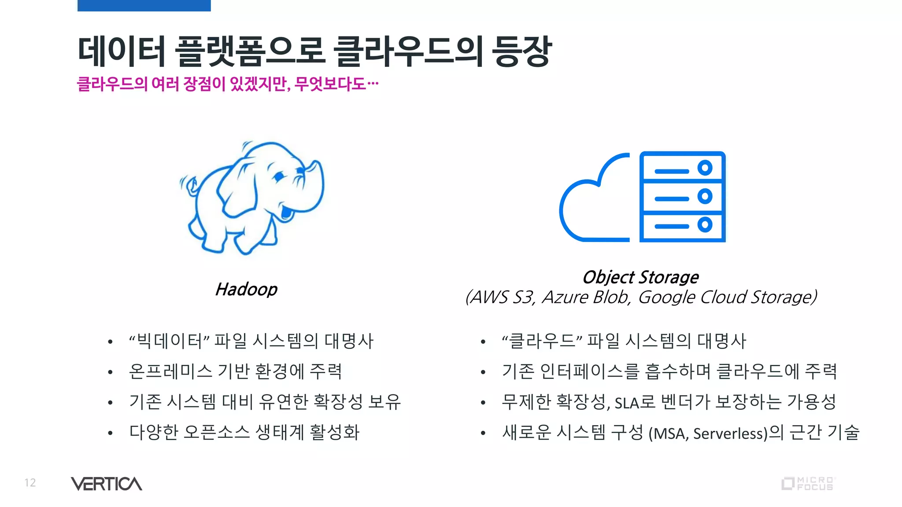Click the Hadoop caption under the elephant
tap(246, 290)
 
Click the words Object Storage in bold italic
tap(640, 277)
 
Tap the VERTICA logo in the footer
tap(106, 484)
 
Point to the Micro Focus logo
tap(808, 484)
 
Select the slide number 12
tap(30, 483)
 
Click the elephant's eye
tap(278, 177)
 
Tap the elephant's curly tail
tap(189, 185)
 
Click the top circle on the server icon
tap(705, 168)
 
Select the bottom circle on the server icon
tap(705, 225)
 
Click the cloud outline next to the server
tap(586, 207)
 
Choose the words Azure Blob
tap(586, 298)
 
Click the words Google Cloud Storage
tap(727, 298)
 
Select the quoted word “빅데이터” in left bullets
tap(169, 341)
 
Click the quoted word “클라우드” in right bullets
tap(542, 341)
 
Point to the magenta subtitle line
tap(227, 84)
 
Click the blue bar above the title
tap(144, 5)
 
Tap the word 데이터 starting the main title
tap(121, 51)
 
